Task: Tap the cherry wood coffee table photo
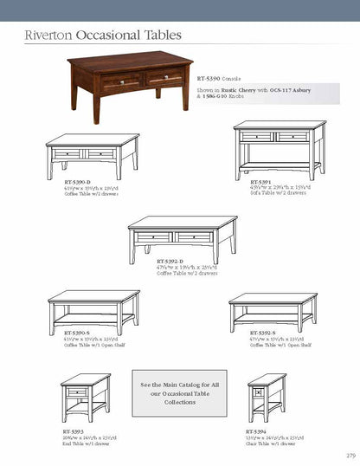pyautogui.click(x=130, y=81)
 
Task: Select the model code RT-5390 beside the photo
pyautogui.click(x=210, y=77)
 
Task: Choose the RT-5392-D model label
pyautogui.click(x=174, y=260)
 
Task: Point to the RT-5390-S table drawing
pyautogui.click(x=93, y=310)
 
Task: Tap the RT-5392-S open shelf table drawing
pyautogui.click(x=273, y=310)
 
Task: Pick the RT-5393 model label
pyautogui.click(x=72, y=430)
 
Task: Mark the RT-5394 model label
pyautogui.click(x=255, y=430)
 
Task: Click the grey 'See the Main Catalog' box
pyautogui.click(x=179, y=392)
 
